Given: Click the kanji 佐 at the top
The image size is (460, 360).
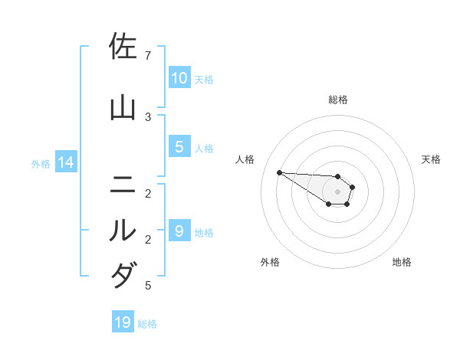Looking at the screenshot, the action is [123, 47].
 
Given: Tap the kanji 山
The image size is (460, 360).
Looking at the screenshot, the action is [123, 107].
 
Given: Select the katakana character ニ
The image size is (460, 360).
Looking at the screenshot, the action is [123, 185].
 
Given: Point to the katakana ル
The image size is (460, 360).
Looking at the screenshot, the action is [123, 230].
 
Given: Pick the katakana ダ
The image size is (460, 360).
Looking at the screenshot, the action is [123, 275].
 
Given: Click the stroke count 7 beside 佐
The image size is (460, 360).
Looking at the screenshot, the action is [148, 56].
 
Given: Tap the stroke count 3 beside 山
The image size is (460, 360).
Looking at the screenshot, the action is [148, 116].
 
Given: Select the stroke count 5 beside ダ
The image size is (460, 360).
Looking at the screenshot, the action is [148, 286].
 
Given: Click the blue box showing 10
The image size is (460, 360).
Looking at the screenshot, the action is [179, 78].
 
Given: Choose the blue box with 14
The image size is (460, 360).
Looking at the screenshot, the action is [65, 162].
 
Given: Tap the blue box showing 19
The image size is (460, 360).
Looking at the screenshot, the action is [123, 322].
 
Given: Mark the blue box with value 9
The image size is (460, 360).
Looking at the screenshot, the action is [179, 231].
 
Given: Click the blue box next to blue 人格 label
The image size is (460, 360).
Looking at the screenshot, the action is [179, 147].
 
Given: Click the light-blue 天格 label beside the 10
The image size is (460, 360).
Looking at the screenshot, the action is [204, 79].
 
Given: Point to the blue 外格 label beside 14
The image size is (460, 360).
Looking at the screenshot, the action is [41, 162].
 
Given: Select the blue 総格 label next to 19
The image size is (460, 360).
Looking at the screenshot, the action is [147, 323].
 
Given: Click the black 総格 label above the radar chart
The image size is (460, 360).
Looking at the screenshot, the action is [338, 100].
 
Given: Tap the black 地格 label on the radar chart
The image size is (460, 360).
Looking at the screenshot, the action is [402, 262].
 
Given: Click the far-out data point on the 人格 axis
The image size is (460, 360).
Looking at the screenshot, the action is [279, 172].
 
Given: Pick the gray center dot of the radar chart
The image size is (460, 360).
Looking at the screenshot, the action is [338, 191].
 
